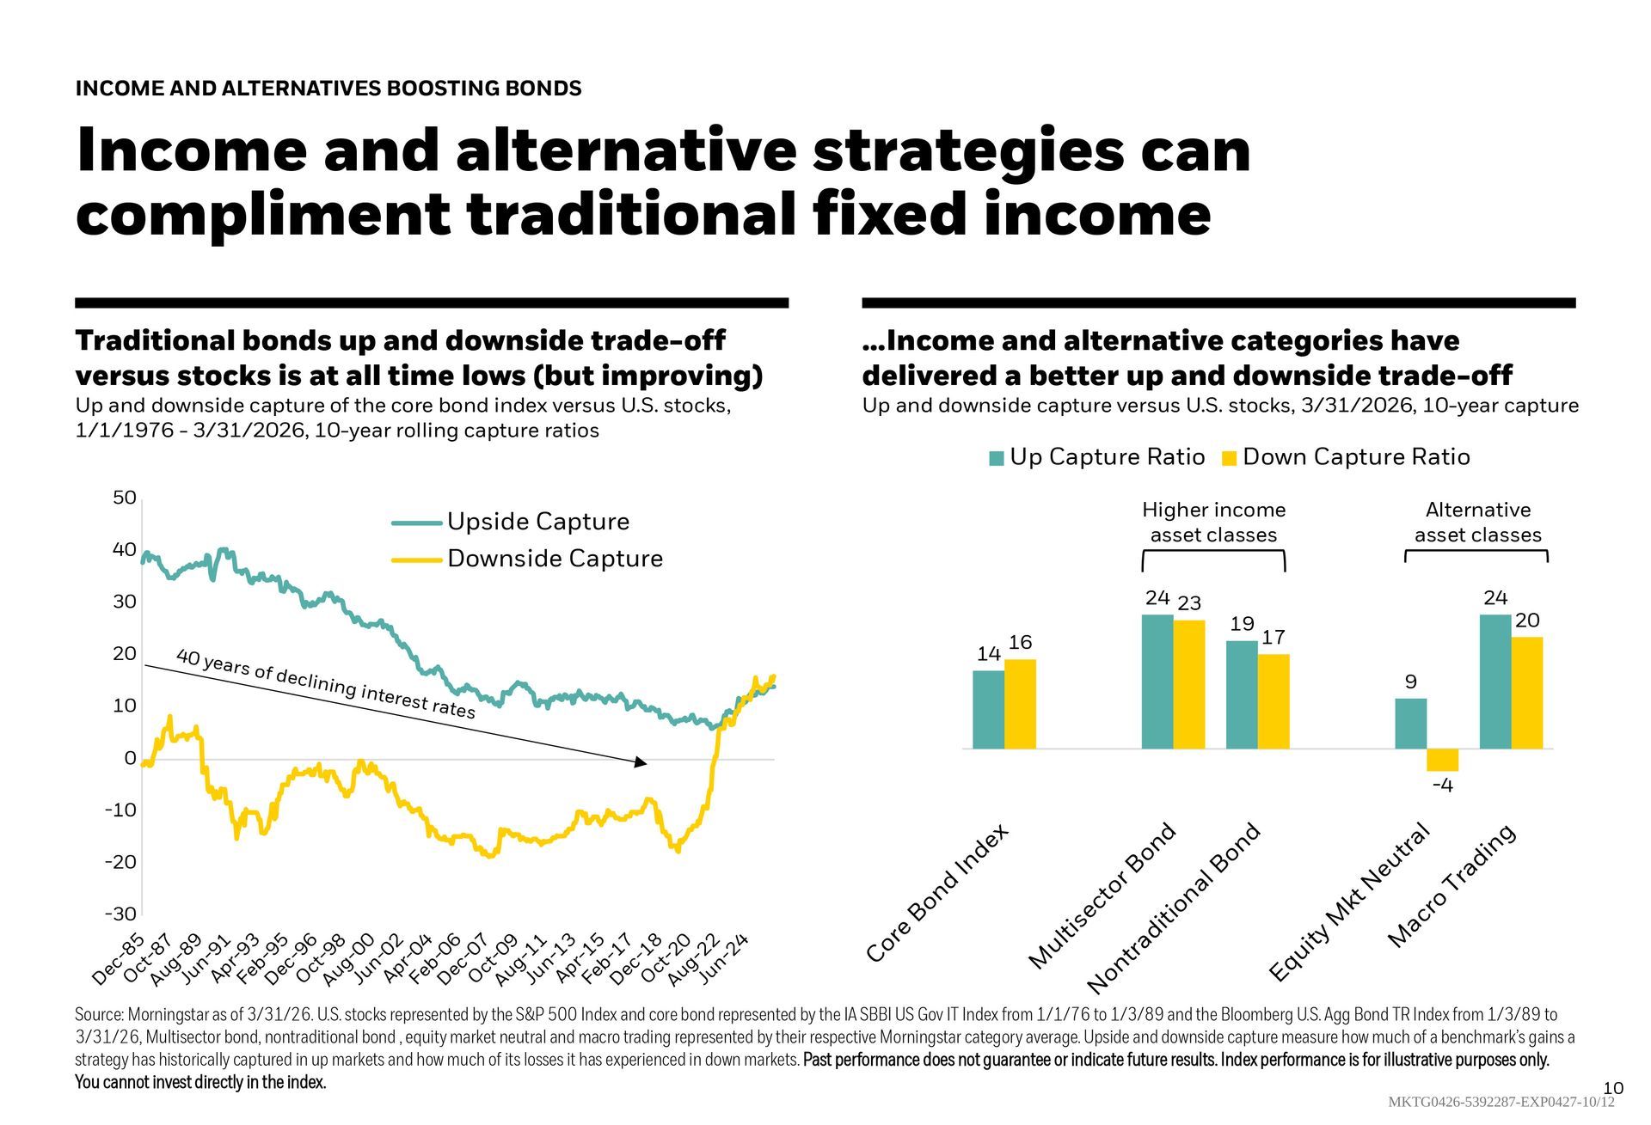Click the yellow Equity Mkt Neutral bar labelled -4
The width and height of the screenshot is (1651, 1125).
(x=1442, y=760)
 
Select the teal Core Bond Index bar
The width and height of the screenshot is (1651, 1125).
(x=988, y=710)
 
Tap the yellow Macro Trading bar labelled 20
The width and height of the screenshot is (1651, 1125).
(x=1526, y=693)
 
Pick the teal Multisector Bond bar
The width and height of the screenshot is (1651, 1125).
(x=1157, y=682)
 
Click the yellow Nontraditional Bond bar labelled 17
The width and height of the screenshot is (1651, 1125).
(x=1273, y=701)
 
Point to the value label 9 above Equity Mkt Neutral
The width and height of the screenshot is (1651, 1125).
(x=1410, y=682)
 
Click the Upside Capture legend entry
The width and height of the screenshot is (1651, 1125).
(x=537, y=522)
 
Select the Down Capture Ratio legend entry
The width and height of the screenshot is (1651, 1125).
(x=1355, y=457)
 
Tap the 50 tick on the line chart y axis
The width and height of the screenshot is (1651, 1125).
(x=125, y=498)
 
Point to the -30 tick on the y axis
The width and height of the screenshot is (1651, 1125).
(x=120, y=913)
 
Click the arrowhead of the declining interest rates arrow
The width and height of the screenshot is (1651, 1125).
(x=640, y=762)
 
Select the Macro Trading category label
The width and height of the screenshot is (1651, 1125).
(x=1452, y=886)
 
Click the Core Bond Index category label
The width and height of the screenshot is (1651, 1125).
(x=936, y=893)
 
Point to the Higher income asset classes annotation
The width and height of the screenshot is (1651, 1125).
(x=1213, y=523)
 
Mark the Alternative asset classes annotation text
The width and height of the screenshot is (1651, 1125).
(x=1477, y=523)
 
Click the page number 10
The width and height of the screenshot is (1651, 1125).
(x=1613, y=1089)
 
